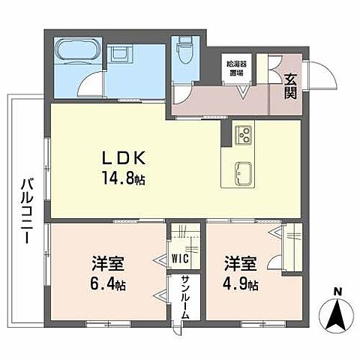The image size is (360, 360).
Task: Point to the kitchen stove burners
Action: tap(244, 136)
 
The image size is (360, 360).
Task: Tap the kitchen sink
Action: tap(244, 168)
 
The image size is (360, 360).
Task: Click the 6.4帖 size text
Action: tap(108, 286)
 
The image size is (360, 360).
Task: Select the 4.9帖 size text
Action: tap(240, 286)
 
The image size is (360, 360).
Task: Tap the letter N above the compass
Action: tap(337, 292)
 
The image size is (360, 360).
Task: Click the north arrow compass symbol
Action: tap(337, 314)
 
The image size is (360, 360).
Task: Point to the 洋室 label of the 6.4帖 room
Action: tap(109, 265)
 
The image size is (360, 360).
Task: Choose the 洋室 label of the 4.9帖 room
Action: tap(240, 265)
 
